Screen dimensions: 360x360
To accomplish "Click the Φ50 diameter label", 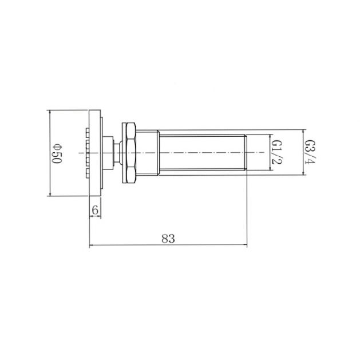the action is point(57,153).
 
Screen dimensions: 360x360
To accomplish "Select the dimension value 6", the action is point(95,209).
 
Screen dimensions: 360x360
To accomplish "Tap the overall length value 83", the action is point(168,239).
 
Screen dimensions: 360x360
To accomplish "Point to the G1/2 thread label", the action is point(276,152).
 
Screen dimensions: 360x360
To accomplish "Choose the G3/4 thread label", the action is point(310,152).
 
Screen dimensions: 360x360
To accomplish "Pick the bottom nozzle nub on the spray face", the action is point(87,173).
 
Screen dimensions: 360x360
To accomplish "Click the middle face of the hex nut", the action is point(130,152).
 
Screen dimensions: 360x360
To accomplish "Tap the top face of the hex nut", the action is point(130,130).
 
